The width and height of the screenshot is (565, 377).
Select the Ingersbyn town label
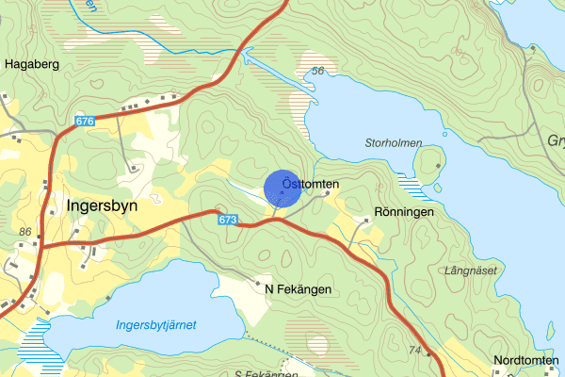click(103, 203)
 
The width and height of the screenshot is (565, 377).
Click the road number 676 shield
click(84, 122)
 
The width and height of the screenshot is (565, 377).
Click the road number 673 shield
click(226, 220)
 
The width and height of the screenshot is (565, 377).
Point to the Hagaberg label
click(33, 64)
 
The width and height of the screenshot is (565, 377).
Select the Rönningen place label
click(404, 213)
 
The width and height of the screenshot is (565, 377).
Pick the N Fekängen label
click(298, 289)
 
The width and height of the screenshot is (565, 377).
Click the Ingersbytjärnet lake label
click(155, 325)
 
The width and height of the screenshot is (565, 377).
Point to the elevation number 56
click(317, 72)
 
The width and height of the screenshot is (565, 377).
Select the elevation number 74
click(415, 350)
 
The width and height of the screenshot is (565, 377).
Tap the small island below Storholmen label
click(429, 165)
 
